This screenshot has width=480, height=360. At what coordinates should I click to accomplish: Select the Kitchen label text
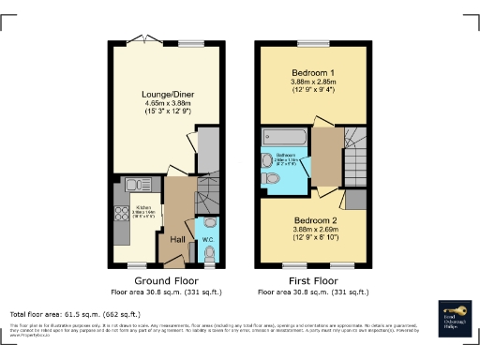pyautogui.click(x=143, y=207)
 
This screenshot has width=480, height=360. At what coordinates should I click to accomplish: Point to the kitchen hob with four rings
pyautogui.click(x=122, y=218)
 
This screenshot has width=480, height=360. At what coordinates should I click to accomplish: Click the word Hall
pyautogui.click(x=177, y=240)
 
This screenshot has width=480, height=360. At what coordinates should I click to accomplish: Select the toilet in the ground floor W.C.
pyautogui.click(x=208, y=255)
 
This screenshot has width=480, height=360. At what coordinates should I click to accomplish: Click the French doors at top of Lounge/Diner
pyautogui.click(x=143, y=42)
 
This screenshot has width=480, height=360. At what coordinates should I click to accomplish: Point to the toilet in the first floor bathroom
pyautogui.click(x=268, y=158)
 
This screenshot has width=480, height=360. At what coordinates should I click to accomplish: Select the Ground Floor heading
pyautogui.click(x=166, y=280)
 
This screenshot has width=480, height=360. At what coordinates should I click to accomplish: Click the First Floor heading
pyautogui.click(x=310, y=280)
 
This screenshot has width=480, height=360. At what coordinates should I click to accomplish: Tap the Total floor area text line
pyautogui.click(x=75, y=314)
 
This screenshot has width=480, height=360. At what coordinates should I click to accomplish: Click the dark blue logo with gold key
pyautogui.click(x=455, y=316)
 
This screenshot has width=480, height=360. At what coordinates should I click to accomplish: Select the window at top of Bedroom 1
pyautogui.click(x=311, y=42)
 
